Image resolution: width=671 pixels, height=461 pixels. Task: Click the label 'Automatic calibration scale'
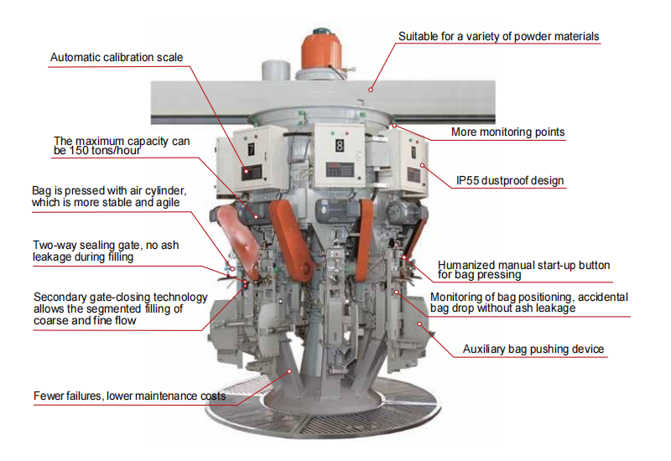point(117,58)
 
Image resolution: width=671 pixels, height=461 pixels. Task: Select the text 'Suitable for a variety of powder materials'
point(498,36)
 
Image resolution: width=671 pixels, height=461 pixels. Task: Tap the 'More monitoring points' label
point(507,132)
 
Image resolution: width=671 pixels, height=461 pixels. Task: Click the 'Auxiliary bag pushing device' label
point(533,350)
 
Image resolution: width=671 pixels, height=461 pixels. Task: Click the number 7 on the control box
point(250,148)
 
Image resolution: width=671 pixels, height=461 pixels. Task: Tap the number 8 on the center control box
point(339,145)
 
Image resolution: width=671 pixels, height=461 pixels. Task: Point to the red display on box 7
point(251,171)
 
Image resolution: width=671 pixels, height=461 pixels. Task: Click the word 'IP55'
point(470,180)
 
